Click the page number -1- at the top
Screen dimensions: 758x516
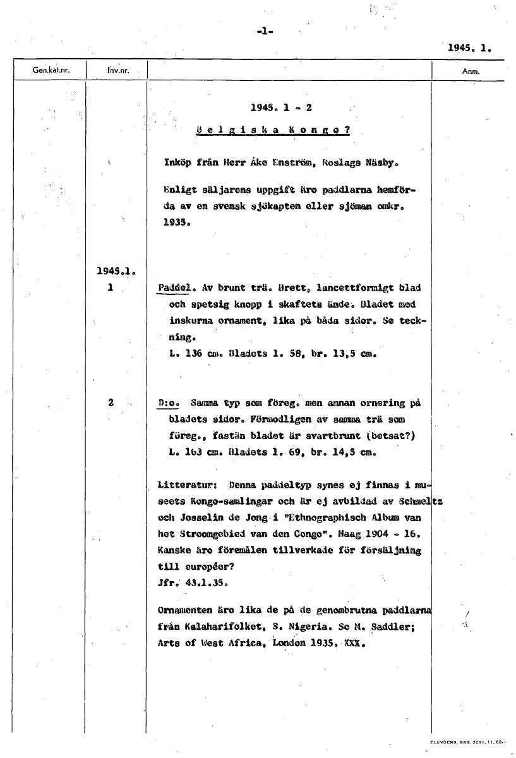[x=266, y=32]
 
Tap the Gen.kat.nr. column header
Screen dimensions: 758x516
[x=50, y=70]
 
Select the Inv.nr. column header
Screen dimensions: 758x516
[x=118, y=70]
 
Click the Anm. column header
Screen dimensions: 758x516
[x=471, y=71]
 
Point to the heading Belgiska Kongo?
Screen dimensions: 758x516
[x=273, y=131]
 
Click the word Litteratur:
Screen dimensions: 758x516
[x=188, y=484]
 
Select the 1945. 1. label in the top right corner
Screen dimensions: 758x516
[x=469, y=47]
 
